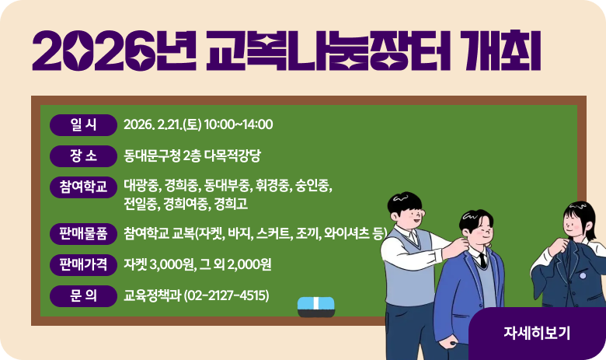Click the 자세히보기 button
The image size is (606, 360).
point(537,333)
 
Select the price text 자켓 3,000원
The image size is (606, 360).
point(157,264)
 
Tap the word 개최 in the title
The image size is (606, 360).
point(504,51)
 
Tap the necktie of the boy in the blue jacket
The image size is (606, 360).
point(483,260)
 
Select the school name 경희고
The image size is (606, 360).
point(231,204)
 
